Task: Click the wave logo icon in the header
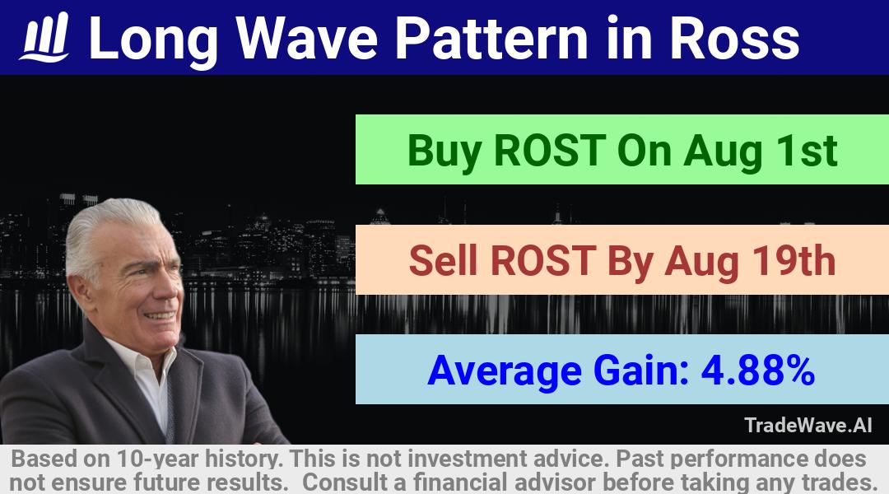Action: click(44, 37)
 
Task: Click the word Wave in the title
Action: click(307, 38)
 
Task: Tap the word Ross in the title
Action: click(734, 38)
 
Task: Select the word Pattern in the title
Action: click(491, 38)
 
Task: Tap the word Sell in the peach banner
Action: click(443, 261)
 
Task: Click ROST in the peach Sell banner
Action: click(544, 261)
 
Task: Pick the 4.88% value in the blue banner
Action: click(758, 370)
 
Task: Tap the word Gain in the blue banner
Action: click(641, 370)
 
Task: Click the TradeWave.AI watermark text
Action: click(808, 425)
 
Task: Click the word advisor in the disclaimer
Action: click(555, 482)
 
